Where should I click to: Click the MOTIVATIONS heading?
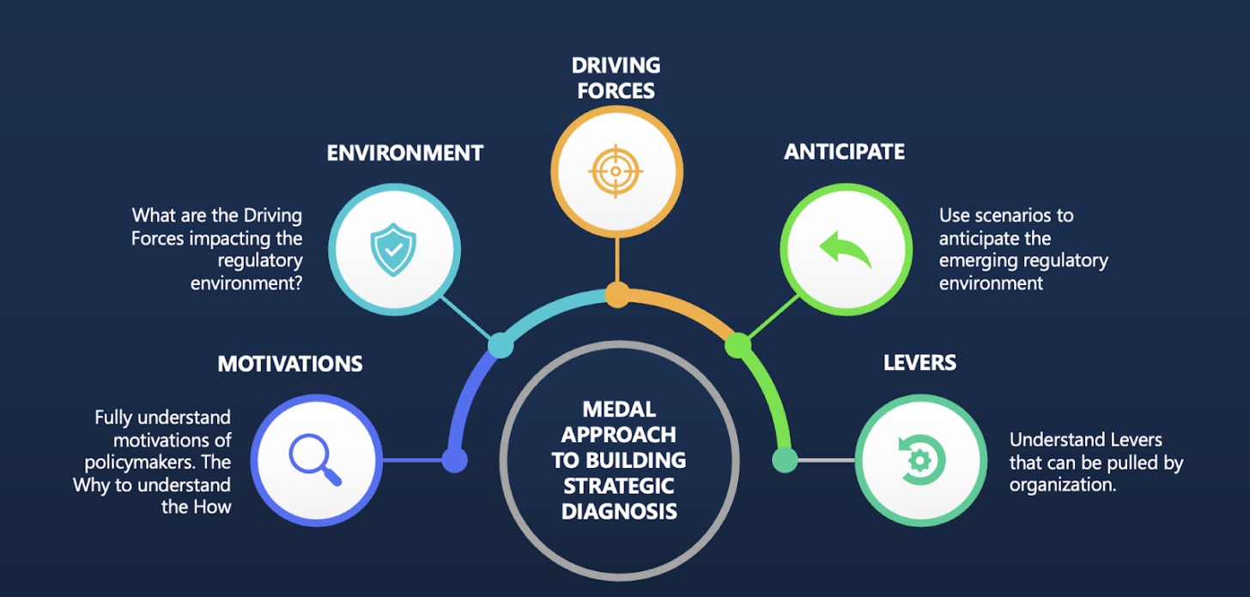click(290, 363)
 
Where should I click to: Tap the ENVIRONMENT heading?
click(405, 154)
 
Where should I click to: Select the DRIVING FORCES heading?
click(616, 77)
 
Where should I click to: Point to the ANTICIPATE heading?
click(844, 152)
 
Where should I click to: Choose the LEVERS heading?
click(919, 362)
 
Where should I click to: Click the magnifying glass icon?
click(316, 460)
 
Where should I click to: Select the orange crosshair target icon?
click(616, 170)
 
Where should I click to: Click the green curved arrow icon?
click(845, 249)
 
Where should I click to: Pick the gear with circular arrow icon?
click(919, 460)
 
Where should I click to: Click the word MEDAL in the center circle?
click(618, 410)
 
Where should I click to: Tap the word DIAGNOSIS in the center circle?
click(618, 512)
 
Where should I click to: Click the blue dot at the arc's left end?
click(454, 460)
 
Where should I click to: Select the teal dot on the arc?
click(500, 346)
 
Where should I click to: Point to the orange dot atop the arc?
click(617, 295)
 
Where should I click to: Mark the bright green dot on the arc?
click(737, 345)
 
